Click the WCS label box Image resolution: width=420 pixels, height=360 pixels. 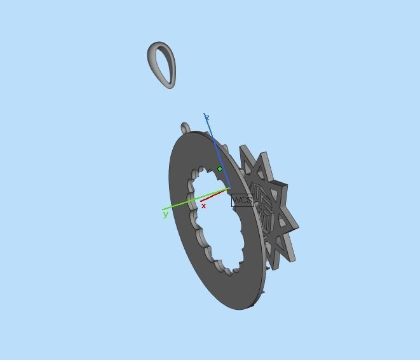point(242,201)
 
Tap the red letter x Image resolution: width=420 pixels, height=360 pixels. point(203,206)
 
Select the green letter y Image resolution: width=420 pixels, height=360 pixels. point(166,215)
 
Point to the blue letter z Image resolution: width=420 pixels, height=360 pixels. point(207,117)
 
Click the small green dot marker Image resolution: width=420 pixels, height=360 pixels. point(220,169)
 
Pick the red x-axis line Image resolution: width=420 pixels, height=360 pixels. point(215,195)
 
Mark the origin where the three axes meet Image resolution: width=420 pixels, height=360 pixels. point(229,189)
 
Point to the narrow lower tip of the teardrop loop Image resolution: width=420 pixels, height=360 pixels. point(170,85)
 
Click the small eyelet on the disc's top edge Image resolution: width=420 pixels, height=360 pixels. point(185,128)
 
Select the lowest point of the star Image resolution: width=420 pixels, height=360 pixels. point(274,267)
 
